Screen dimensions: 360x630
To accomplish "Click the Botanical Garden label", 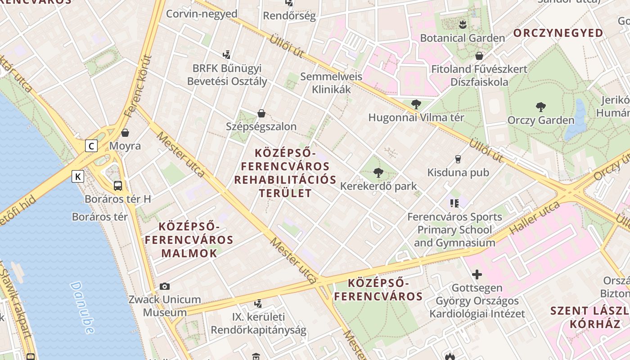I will pos(462,38).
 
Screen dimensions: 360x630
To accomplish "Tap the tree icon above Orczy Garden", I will pos(541,107).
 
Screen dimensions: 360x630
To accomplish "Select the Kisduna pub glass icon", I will pos(458,159).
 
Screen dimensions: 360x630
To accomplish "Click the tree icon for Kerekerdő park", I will pos(378,172).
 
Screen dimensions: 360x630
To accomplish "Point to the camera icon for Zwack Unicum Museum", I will pos(165,286).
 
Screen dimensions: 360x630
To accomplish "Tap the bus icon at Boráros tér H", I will pos(118,185).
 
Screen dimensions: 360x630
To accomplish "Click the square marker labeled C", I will pos(92,146).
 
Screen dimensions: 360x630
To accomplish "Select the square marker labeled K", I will pos(78,176).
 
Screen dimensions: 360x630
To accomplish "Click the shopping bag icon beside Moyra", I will pos(125,133).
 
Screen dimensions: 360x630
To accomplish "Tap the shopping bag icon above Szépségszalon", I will pos(261,113).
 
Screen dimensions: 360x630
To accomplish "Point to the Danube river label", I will pos(83,307).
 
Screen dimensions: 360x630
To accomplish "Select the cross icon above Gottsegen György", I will pos(477,274).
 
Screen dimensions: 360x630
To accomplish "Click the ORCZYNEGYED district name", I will pos(558,33).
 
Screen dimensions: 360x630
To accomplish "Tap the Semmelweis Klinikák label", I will pos(331,83).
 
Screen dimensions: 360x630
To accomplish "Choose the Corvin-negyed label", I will pos(202,13).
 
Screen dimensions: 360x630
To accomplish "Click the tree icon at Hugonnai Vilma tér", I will pos(416,104).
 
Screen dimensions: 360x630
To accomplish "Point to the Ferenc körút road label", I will pos(138,85).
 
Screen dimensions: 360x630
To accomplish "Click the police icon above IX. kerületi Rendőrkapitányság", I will pos(258,304).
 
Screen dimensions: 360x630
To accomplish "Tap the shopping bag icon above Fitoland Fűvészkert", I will pos(479,56).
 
